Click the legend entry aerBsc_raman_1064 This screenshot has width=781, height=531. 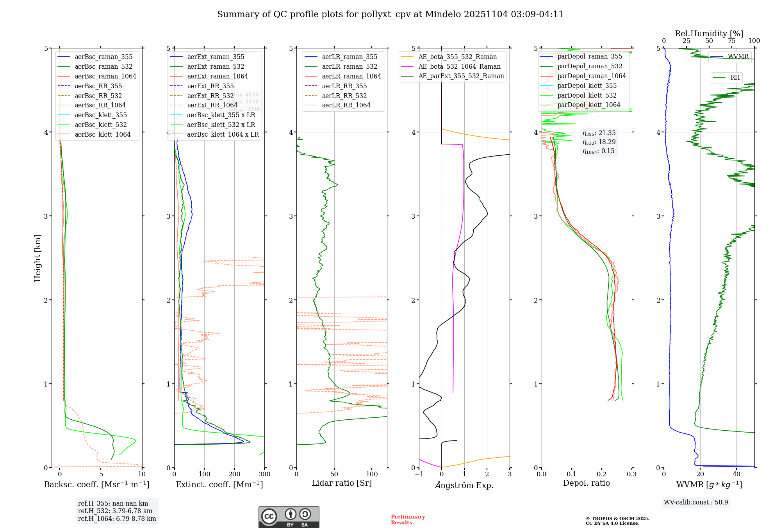click(x=105, y=76)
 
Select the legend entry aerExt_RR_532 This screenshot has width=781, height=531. click(x=210, y=96)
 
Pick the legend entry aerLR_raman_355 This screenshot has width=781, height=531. click(x=349, y=57)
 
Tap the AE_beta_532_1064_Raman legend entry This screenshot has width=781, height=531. click(x=459, y=66)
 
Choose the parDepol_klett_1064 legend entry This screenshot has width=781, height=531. click(x=588, y=105)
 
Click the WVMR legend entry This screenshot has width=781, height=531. click(x=738, y=57)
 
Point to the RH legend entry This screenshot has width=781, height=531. click(x=735, y=78)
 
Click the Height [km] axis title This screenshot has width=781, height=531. click(x=37, y=258)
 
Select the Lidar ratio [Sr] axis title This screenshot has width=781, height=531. click(x=342, y=483)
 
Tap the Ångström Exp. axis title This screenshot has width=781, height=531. click(x=464, y=485)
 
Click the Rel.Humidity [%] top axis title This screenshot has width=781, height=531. click(x=709, y=34)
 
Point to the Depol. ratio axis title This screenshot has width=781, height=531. click(x=586, y=483)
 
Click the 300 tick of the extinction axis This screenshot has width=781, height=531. click(x=264, y=474)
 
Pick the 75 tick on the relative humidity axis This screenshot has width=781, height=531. click(x=731, y=41)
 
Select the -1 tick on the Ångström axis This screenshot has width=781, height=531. click(x=419, y=474)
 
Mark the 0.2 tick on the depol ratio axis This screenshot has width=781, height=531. click(x=602, y=474)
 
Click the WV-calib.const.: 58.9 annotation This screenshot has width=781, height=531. click(x=696, y=502)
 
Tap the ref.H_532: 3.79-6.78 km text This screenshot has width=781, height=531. click(x=115, y=511)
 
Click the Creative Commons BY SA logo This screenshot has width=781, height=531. click(x=289, y=517)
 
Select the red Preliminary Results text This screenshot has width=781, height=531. click(x=408, y=519)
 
